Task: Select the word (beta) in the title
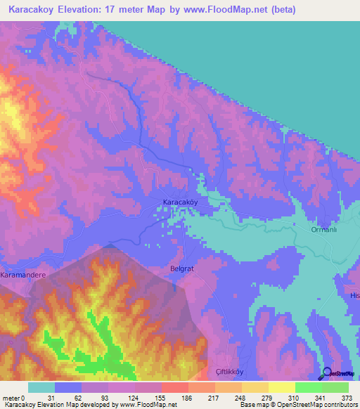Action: (279, 10)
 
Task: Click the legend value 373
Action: (347, 397)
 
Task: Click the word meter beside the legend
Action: (11, 397)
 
